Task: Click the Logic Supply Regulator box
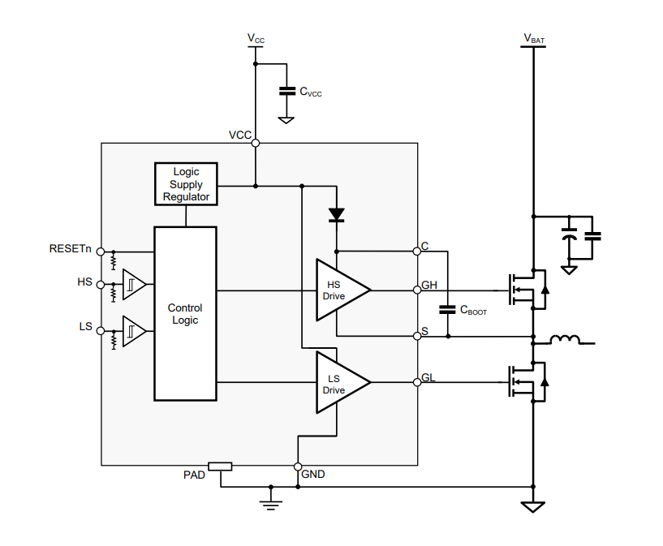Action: tap(186, 184)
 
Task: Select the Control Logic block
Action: tap(186, 314)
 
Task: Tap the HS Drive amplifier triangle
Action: tap(343, 290)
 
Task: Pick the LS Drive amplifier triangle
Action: tap(343, 382)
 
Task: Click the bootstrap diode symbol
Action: tap(337, 215)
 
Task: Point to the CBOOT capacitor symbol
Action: tap(448, 309)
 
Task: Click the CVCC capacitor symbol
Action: tap(287, 91)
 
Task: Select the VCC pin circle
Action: tap(256, 144)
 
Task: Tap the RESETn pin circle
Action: tap(101, 252)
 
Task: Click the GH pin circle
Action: tap(417, 290)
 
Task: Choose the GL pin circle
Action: tap(417, 382)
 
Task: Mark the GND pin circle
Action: tap(298, 466)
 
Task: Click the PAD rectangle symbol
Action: tap(220, 466)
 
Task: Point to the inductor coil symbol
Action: tap(566, 339)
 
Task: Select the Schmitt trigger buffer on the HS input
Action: tap(134, 285)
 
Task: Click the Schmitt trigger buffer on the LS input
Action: tap(134, 331)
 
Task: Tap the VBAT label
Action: tap(534, 39)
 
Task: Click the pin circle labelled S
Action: tap(417, 336)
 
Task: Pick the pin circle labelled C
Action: tap(417, 252)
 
